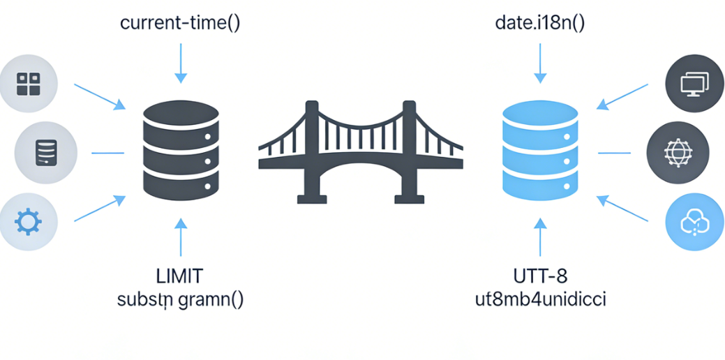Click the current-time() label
(180, 22)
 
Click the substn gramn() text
(181, 301)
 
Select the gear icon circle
(29, 223)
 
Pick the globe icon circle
(676, 151)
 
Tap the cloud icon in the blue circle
(694, 223)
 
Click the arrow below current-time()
(180, 63)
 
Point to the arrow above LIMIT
(180, 237)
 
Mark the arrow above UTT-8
(540, 237)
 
